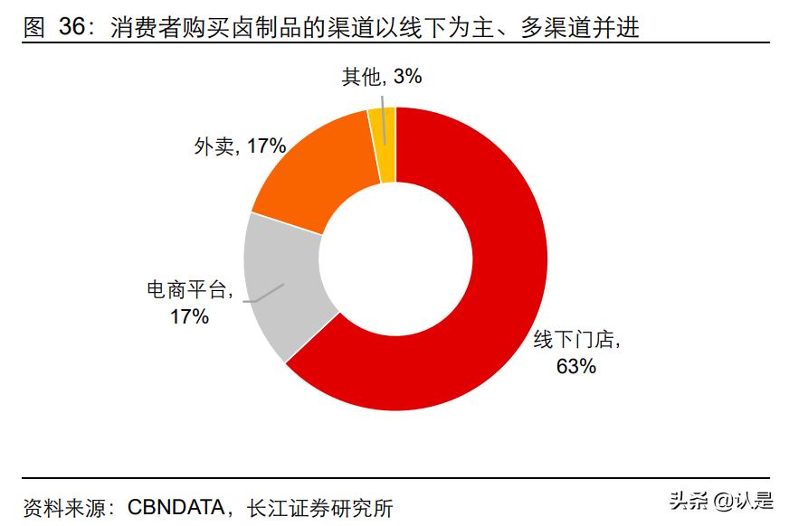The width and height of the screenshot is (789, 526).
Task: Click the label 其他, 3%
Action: click(381, 77)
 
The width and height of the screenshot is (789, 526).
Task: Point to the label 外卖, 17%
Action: click(240, 146)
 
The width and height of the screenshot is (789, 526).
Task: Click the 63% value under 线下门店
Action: click(575, 366)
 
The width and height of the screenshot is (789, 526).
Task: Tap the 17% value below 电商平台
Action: click(189, 316)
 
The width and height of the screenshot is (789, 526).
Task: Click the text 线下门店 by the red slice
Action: click(572, 341)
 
